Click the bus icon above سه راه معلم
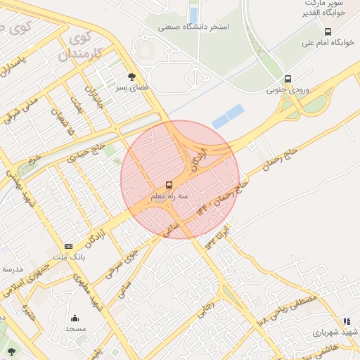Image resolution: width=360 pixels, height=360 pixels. (x=168, y=186)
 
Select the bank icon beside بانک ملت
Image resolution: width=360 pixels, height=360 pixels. (x=68, y=246)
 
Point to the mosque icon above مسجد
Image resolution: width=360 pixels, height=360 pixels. (x=75, y=319)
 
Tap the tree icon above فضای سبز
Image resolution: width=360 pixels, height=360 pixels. (x=131, y=77)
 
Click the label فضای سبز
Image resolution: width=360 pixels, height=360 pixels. (x=131, y=88)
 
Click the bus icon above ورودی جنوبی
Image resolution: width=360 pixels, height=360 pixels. (x=288, y=79)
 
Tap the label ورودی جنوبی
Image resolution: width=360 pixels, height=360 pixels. (x=287, y=91)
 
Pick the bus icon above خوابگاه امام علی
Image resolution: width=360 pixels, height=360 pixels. (x=328, y=32)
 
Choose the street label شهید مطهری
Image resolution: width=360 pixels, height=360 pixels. (x=96, y=296)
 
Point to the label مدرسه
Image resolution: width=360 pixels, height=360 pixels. (x=12, y=269)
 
